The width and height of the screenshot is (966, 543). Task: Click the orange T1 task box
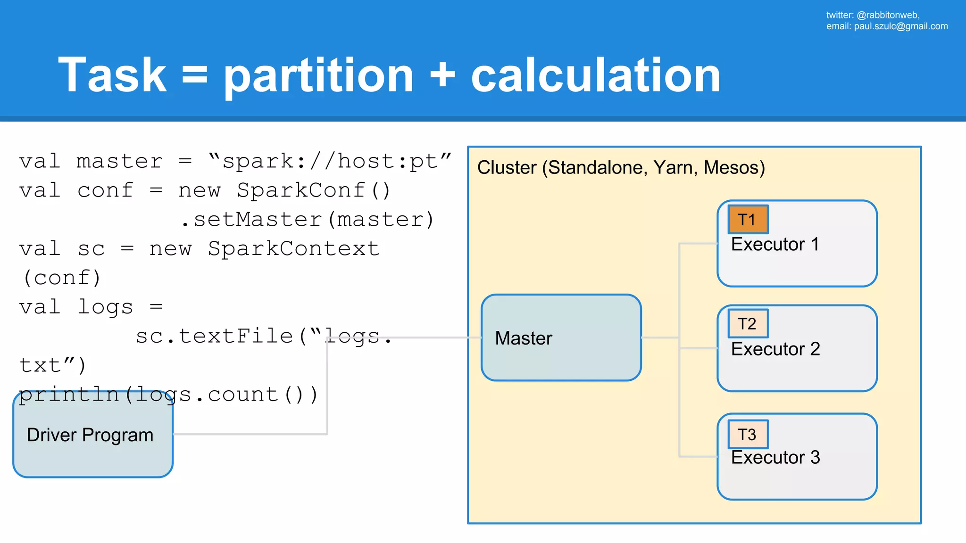tap(748, 220)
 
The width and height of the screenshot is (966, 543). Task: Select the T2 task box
tap(748, 324)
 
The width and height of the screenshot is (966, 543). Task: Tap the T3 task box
tap(748, 434)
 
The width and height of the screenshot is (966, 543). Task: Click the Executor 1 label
tap(774, 244)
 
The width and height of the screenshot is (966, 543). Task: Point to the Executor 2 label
tap(775, 349)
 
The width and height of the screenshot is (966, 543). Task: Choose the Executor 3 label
tap(775, 457)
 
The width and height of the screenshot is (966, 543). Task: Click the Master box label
tap(523, 338)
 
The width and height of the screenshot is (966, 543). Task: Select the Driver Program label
tap(90, 435)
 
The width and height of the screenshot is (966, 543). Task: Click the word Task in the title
tap(112, 75)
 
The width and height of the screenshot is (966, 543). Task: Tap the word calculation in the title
tap(595, 75)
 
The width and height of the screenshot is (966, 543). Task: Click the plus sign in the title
tap(442, 75)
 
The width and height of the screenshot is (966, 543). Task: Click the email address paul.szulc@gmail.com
tap(900, 26)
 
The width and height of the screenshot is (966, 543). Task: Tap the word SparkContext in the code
tap(293, 249)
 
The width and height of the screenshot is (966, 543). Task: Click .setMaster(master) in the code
tap(307, 220)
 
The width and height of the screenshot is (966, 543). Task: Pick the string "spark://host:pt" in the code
tap(330, 162)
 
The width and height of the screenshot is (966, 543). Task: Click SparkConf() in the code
tap(314, 191)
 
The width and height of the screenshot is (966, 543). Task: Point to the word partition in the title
tap(318, 75)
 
